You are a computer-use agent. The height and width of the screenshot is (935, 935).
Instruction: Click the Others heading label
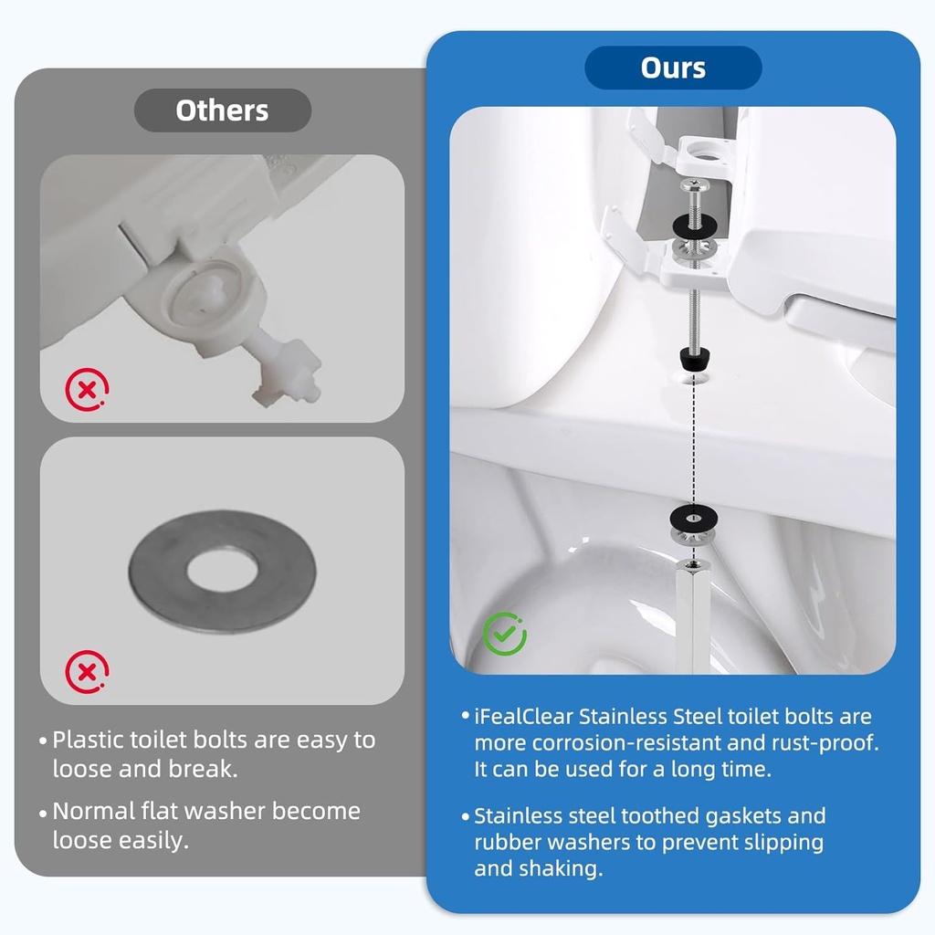coord(222,110)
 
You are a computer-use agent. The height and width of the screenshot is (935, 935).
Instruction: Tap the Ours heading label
coord(673,68)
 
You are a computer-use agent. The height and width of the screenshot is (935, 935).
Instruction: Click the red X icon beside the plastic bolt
coord(86,391)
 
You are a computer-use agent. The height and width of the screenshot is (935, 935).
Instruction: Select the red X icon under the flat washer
coord(86,673)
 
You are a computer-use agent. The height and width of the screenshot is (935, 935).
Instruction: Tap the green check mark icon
coord(504,634)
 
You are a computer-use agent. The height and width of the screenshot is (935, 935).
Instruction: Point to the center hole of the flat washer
coord(222,571)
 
